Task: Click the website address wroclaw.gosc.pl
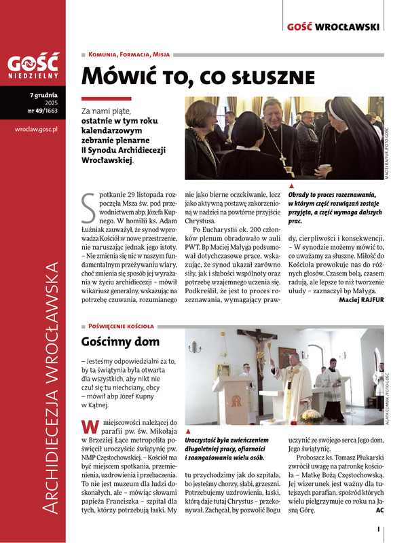[32, 127]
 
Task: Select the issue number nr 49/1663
[42, 110]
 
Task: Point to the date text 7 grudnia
[43, 95]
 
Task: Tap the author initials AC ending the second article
[379, 510]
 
